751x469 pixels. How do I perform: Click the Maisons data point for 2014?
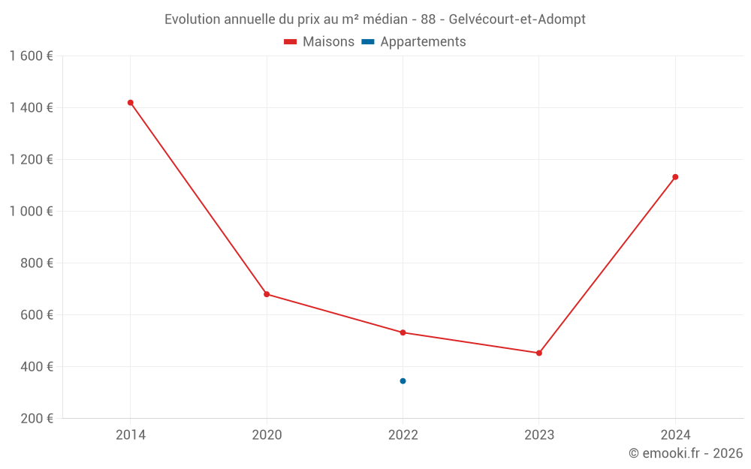tap(131, 103)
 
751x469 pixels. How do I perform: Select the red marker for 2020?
tap(267, 294)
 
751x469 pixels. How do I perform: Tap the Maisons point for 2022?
tap(403, 332)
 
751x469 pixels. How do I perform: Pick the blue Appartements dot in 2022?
tap(403, 381)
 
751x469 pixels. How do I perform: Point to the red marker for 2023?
tap(539, 353)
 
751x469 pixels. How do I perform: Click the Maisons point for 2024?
tap(675, 177)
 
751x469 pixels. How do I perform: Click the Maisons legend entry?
tap(328, 42)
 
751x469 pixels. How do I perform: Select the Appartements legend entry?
tap(423, 42)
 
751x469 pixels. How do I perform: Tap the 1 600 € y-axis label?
tap(32, 56)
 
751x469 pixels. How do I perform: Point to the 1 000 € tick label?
tap(32, 212)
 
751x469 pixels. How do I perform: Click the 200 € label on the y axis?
tap(38, 419)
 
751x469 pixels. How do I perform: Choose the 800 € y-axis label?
tap(38, 263)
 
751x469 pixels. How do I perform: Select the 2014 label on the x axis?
tap(131, 434)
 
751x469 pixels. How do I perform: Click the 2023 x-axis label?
tap(539, 434)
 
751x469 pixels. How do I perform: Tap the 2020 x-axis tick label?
tap(267, 434)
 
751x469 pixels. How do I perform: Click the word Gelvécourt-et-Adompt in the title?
tap(517, 20)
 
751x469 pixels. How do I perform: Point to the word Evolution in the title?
tap(192, 20)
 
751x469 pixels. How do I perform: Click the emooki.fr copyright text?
tap(686, 453)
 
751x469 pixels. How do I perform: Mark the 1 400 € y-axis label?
tap(32, 108)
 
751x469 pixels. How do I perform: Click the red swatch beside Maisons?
tap(291, 42)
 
